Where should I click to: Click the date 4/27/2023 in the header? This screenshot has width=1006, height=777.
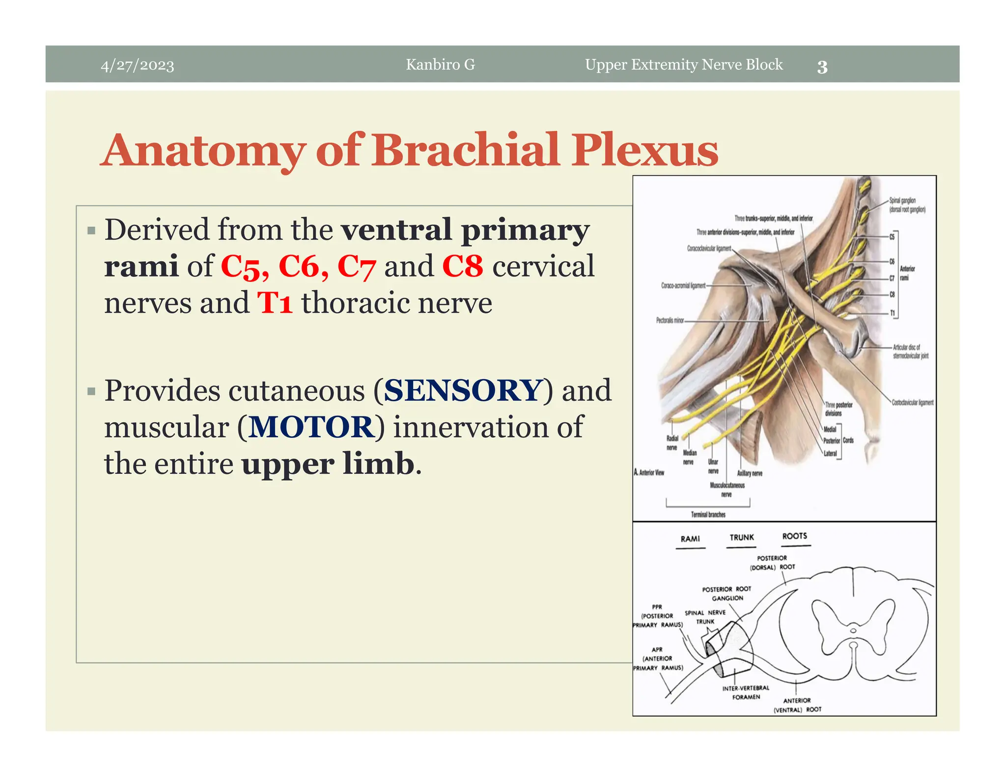[137, 65]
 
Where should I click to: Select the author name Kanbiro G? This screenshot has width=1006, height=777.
[440, 64]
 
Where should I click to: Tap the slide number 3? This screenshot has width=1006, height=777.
[822, 67]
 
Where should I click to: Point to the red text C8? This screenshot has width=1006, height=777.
[462, 266]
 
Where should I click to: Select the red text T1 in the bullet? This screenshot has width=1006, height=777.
[275, 303]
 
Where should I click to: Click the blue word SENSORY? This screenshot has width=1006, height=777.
[462, 390]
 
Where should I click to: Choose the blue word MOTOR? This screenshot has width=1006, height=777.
[312, 427]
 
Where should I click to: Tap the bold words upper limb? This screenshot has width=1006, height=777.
[328, 464]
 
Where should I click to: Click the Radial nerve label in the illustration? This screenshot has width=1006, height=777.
[672, 443]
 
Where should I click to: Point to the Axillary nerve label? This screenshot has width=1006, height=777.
[750, 473]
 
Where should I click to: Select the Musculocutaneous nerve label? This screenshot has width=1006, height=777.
[727, 490]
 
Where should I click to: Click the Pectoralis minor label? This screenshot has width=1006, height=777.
[670, 320]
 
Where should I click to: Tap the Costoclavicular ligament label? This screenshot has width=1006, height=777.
[913, 402]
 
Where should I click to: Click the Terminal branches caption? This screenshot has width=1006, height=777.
[708, 514]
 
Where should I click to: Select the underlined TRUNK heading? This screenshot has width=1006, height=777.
[741, 537]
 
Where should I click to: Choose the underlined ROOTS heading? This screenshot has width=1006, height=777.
[794, 536]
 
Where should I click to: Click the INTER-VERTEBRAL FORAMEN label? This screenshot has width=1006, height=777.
[746, 692]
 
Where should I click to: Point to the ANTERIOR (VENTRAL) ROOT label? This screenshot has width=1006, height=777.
[797, 705]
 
